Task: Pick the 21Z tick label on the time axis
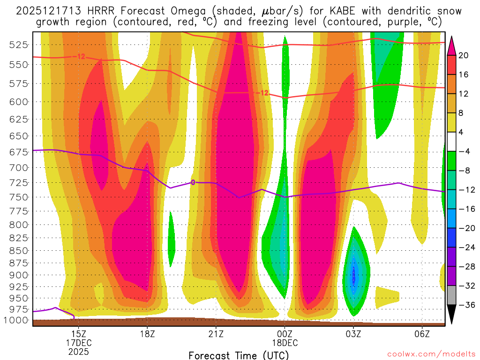(x=216, y=334)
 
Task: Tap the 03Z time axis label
(x=353, y=334)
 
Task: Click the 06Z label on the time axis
(x=422, y=334)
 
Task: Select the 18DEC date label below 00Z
(x=285, y=343)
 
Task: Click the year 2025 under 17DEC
(x=79, y=351)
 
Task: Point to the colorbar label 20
(x=464, y=55)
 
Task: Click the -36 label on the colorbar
(x=465, y=305)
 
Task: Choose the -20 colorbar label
(x=465, y=228)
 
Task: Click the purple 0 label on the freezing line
(x=193, y=182)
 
